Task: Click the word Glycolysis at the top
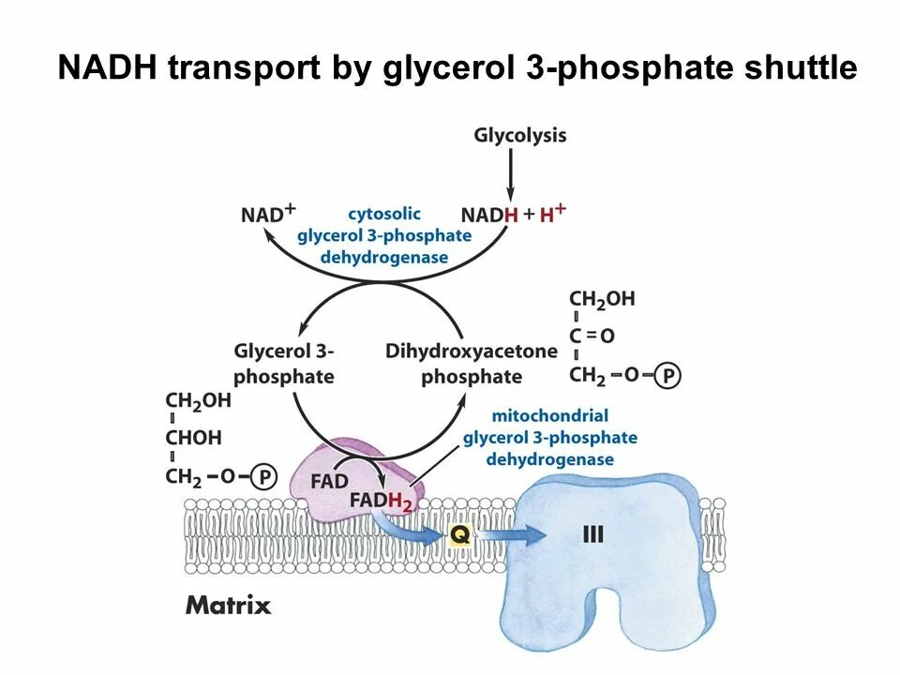pyautogui.click(x=519, y=136)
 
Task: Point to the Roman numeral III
pyautogui.click(x=592, y=535)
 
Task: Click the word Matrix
pyautogui.click(x=228, y=605)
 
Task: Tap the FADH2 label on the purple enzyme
pyautogui.click(x=380, y=502)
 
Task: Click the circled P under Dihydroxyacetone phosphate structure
pyautogui.click(x=667, y=377)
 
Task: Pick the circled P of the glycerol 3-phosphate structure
pyautogui.click(x=264, y=478)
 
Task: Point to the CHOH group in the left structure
pyautogui.click(x=194, y=438)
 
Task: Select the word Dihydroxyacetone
pyautogui.click(x=471, y=352)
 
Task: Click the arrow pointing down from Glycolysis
pyautogui.click(x=511, y=174)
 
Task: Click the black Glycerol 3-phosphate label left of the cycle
pyautogui.click(x=283, y=364)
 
